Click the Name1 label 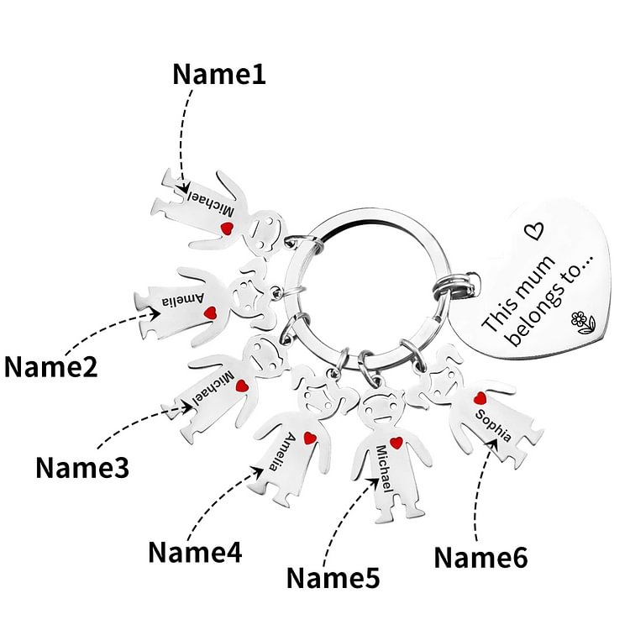(x=218, y=74)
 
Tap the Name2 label (x=50, y=367)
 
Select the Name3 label (x=82, y=467)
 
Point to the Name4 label (x=195, y=552)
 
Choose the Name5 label (x=333, y=577)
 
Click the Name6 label (x=480, y=556)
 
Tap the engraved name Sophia (x=492, y=426)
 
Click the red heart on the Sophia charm (x=480, y=398)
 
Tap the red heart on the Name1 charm (x=226, y=228)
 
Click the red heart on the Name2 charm (x=213, y=313)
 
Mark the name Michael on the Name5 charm (x=386, y=474)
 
